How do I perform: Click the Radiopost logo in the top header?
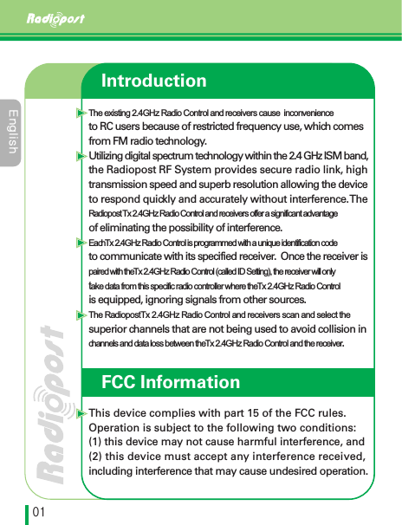coord(54,19)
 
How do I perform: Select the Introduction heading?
coord(153,81)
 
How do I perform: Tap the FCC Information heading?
coord(170,382)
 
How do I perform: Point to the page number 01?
coord(40,513)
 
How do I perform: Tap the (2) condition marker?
coord(97,456)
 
